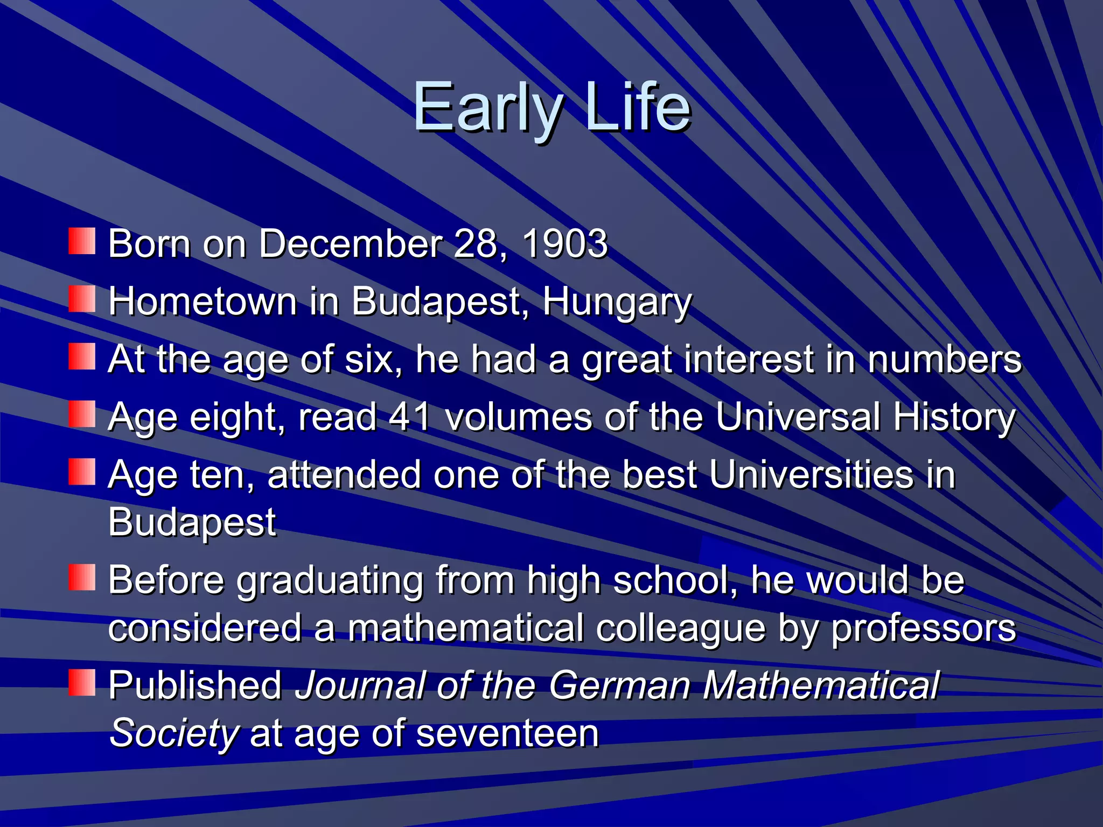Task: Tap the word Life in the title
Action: (x=638, y=108)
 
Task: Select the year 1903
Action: (x=564, y=244)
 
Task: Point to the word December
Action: (x=350, y=244)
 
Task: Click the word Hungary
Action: (x=617, y=302)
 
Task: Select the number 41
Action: (x=410, y=417)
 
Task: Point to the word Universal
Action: (x=798, y=417)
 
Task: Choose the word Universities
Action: (x=811, y=475)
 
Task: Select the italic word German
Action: (x=619, y=685)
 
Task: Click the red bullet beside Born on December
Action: (x=82, y=241)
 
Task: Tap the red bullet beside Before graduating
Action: (x=82, y=577)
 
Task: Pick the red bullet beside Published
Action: (x=82, y=682)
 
